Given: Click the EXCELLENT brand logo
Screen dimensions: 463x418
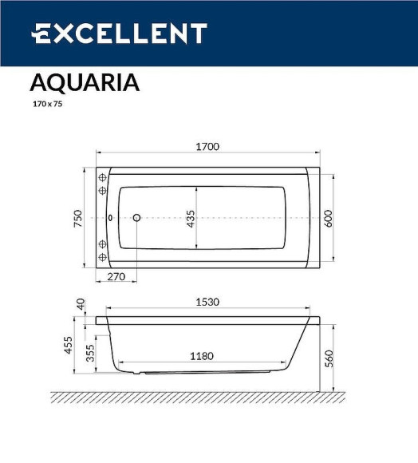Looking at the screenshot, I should point(119,34).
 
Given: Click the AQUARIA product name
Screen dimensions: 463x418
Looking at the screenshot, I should point(85,83).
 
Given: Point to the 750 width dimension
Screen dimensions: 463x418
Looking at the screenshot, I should point(78,218).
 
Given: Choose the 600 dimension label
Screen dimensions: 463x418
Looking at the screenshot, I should point(327,218).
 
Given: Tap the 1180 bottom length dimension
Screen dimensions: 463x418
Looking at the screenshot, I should point(201,357).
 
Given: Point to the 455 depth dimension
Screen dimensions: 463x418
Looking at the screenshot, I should point(69,345).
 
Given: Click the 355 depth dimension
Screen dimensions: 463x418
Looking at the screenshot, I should point(90,353).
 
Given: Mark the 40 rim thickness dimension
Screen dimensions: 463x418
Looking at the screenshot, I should point(80,304).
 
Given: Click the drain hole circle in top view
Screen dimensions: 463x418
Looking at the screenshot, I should point(136,217).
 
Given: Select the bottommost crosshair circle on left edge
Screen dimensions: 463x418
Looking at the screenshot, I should point(102,257).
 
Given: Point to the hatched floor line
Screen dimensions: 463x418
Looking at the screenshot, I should point(199,397).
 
